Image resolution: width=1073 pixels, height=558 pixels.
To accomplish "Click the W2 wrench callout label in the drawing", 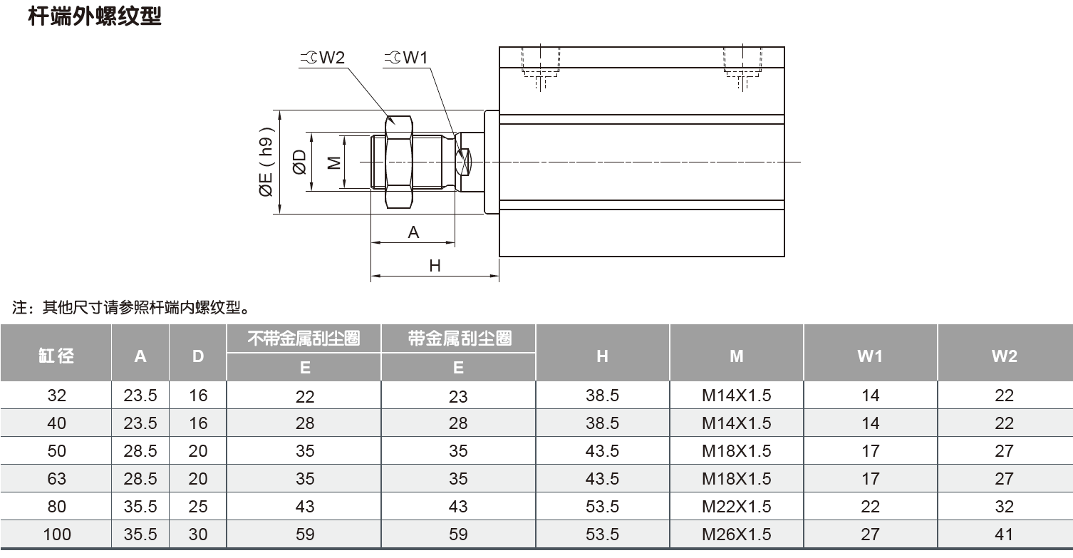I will point(325,58).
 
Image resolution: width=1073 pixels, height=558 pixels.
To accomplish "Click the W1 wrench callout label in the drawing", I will point(408,58).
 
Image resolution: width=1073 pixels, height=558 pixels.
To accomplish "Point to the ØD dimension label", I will point(299,162).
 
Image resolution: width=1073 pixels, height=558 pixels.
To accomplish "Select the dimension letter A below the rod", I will point(413,232).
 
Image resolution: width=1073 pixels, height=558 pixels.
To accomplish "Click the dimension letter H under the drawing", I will point(435,266).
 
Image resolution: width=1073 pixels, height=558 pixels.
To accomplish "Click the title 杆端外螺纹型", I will point(95,16).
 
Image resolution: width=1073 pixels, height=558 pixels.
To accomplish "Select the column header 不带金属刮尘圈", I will point(304,338).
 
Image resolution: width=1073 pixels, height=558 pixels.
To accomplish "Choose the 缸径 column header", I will point(56,355).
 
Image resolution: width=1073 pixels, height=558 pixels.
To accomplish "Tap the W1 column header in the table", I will point(870,356).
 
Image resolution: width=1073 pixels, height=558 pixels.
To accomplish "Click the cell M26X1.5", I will point(736,534).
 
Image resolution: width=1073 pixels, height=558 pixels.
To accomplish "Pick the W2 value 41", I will point(1004,534).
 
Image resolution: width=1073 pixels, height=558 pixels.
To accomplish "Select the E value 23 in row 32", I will point(458,396).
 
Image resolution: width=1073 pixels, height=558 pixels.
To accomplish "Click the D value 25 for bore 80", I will point(198,507).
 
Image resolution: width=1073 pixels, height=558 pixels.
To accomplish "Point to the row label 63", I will point(56,479).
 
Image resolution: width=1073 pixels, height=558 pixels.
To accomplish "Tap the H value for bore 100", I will point(602,534).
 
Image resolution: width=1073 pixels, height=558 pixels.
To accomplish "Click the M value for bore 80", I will point(736,507).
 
